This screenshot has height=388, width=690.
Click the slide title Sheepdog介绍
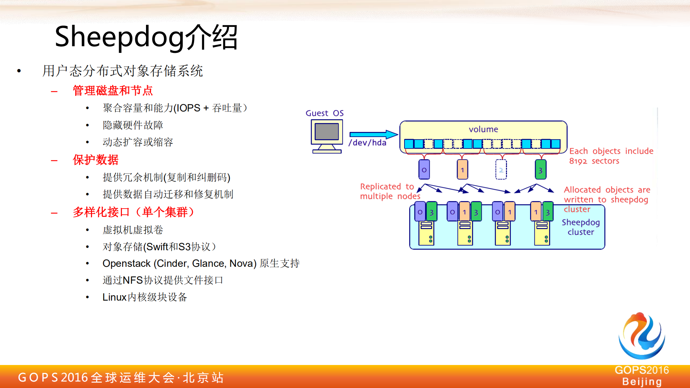(146, 37)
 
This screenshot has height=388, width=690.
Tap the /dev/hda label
(367, 143)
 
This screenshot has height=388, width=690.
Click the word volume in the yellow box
(483, 129)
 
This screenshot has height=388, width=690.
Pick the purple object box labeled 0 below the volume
(424, 170)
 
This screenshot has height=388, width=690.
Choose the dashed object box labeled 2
(501, 170)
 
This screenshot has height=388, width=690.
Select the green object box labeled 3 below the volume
(540, 170)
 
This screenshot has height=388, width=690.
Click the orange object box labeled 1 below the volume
(462, 170)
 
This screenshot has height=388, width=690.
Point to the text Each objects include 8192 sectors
(611, 156)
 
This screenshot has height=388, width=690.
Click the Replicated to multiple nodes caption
(389, 191)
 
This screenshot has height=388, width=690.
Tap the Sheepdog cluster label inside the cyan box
(580, 227)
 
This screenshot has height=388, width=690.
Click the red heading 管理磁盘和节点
(113, 91)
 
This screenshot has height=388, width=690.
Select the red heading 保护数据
(95, 160)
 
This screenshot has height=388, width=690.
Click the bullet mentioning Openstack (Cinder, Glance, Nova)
(201, 264)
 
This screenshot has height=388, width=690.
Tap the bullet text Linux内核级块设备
(145, 297)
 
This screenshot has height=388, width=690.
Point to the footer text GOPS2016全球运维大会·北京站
(121, 378)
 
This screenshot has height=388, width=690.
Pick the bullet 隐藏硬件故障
(133, 125)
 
